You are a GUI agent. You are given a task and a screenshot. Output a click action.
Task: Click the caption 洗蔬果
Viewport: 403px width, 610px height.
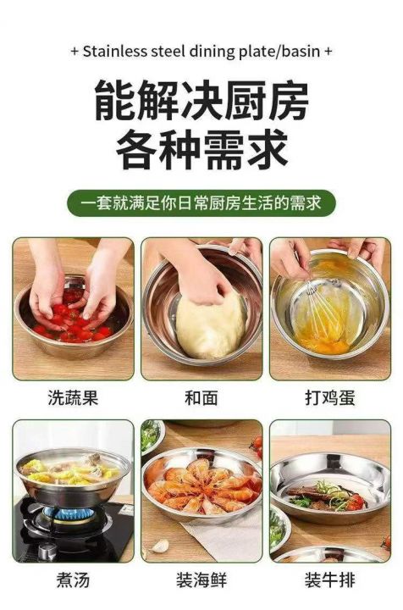(x=73, y=397)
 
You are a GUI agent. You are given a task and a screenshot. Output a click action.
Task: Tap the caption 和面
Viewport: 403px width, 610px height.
(x=201, y=397)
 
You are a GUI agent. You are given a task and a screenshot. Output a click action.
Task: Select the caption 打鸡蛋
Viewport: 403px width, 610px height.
(x=329, y=397)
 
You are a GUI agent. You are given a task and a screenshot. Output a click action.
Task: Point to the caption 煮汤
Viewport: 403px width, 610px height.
(x=73, y=580)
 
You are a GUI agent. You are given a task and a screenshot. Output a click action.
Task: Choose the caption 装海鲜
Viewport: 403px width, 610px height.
(x=201, y=580)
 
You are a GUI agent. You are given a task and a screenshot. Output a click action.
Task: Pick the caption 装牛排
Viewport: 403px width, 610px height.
(x=329, y=580)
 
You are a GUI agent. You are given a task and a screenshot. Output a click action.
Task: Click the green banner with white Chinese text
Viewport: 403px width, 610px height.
(x=201, y=203)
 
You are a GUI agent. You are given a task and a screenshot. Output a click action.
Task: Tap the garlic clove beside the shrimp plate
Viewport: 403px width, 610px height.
(x=161, y=546)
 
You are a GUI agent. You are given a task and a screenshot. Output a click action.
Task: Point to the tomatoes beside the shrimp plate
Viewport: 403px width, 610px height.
(x=256, y=446)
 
